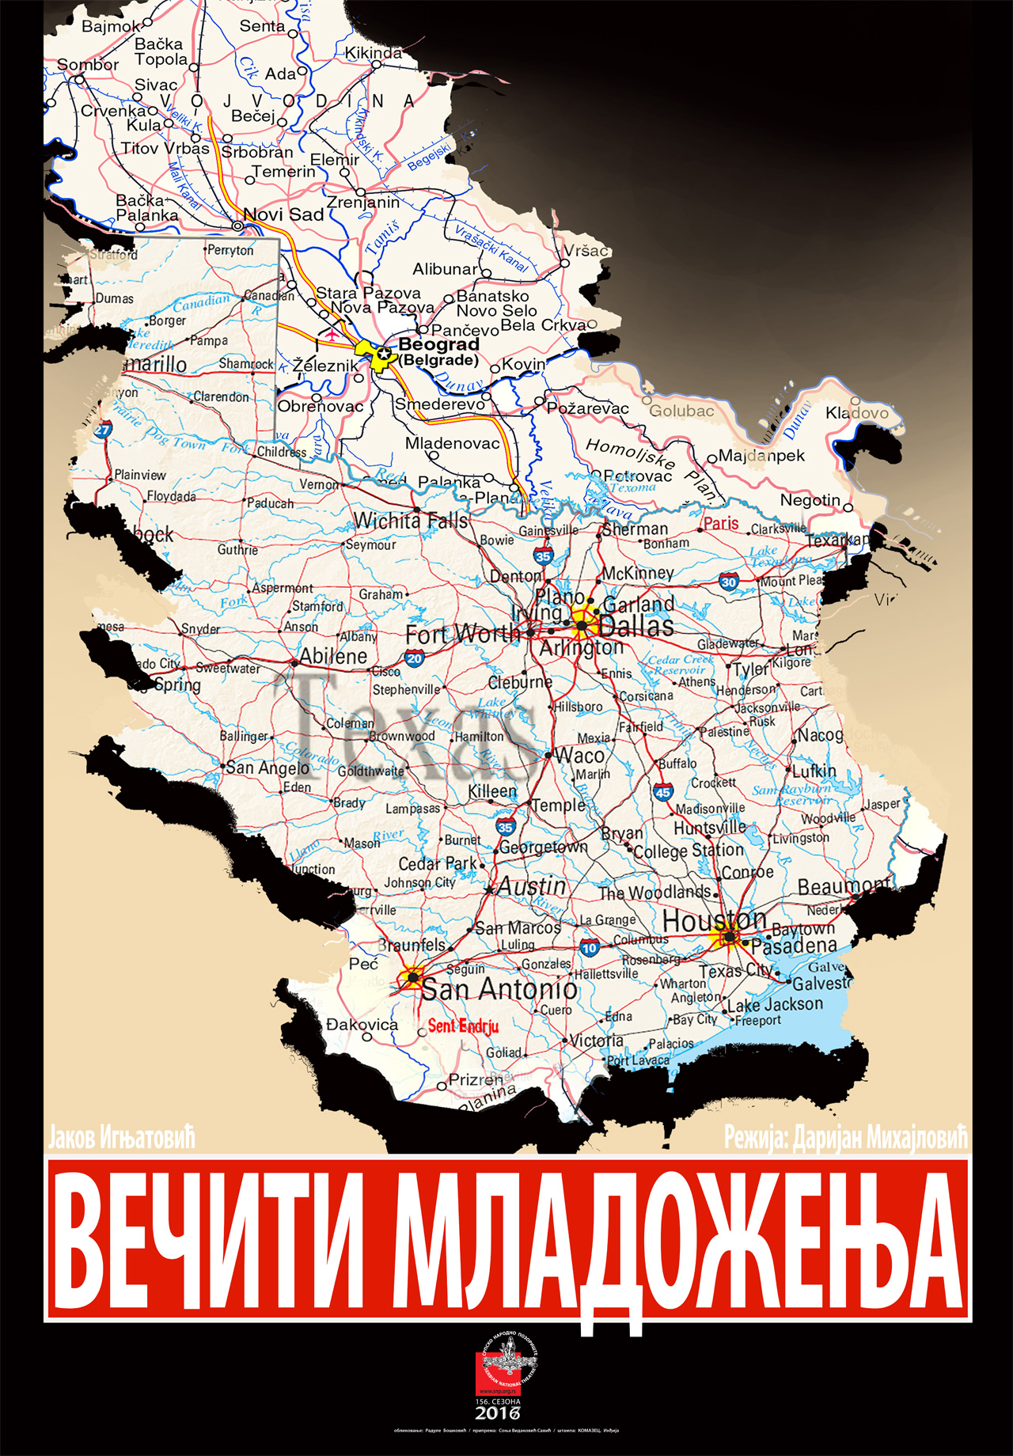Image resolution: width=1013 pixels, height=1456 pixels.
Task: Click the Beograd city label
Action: tap(438, 345)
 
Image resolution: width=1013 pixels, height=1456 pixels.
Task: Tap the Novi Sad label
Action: tap(283, 214)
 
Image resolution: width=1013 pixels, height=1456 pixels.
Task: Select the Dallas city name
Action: tap(636, 627)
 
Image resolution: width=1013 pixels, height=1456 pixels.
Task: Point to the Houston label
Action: tap(715, 920)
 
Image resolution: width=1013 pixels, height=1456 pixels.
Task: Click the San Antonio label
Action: tap(499, 989)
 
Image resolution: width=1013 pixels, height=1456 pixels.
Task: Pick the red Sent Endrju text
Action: tap(463, 1026)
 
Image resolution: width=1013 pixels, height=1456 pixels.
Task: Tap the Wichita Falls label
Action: tap(411, 521)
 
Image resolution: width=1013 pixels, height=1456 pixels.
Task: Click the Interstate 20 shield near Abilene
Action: tap(414, 658)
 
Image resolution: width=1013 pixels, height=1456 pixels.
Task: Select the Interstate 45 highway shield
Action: tap(662, 792)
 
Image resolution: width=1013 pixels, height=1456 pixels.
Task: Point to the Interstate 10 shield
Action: tap(590, 948)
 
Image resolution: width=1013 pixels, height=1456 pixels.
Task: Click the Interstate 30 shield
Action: tap(729, 582)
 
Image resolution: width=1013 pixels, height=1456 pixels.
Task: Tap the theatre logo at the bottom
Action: tap(506, 1363)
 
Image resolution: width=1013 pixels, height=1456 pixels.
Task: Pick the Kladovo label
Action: tap(857, 413)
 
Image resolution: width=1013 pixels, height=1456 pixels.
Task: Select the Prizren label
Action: tap(475, 1079)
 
